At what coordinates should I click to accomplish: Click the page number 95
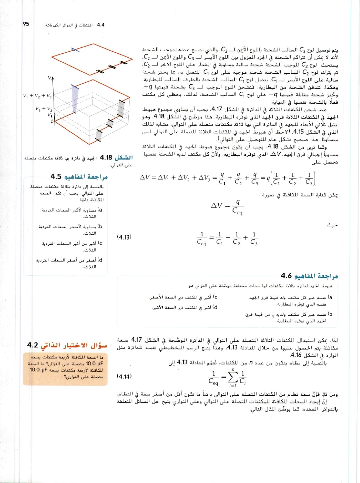pyautogui.click(x=26, y=24)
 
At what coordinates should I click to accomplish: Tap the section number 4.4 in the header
pyautogui.click(x=101, y=25)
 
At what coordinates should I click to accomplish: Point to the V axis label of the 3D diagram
pyautogui.click(x=50, y=78)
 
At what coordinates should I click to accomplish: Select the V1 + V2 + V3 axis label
pyautogui.click(x=37, y=96)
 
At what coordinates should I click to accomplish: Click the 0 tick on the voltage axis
pyautogui.click(x=52, y=121)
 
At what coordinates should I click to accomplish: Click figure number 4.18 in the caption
pyautogui.click(x=106, y=158)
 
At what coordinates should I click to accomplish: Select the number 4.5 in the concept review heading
pyautogui.click(x=56, y=176)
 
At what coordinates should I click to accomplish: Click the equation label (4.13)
pyautogui.click(x=124, y=237)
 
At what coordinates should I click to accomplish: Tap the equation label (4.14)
pyautogui.click(x=124, y=376)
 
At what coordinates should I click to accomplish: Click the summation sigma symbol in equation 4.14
pyautogui.click(x=233, y=376)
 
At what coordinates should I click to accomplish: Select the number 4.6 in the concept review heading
pyautogui.click(x=286, y=276)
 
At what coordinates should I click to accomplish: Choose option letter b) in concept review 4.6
pyautogui.click(x=330, y=314)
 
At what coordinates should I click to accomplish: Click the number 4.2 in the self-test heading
pyautogui.click(x=33, y=345)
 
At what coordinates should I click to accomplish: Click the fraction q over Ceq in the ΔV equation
pyautogui.click(x=237, y=206)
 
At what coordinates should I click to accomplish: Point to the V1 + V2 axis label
pyautogui.click(x=44, y=109)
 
